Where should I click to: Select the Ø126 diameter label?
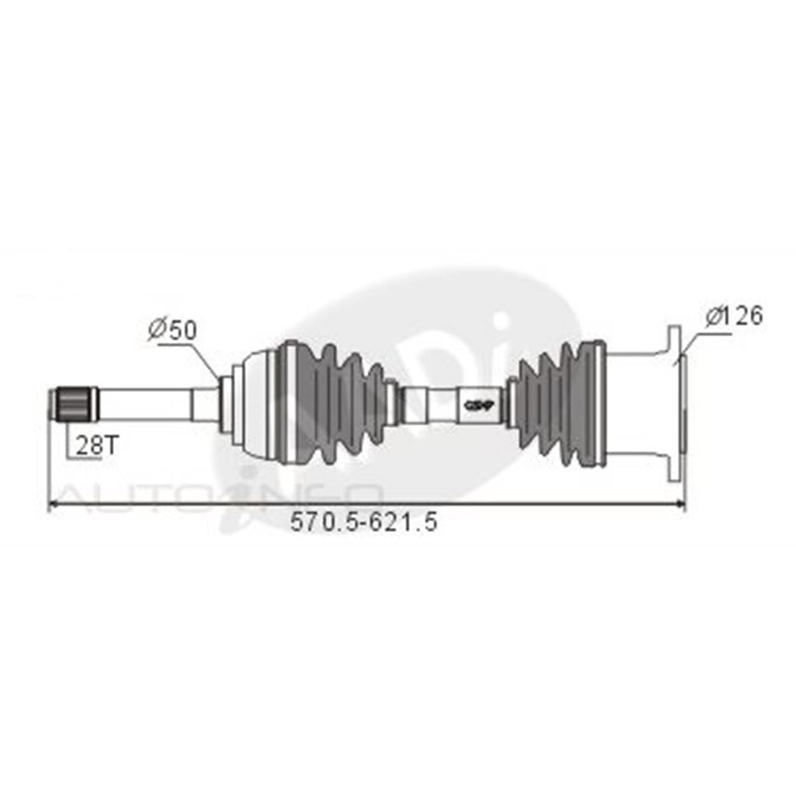click(735, 316)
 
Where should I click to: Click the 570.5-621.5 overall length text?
click(364, 522)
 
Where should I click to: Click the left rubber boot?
click(332, 403)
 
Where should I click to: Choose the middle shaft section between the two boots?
click(438, 403)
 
